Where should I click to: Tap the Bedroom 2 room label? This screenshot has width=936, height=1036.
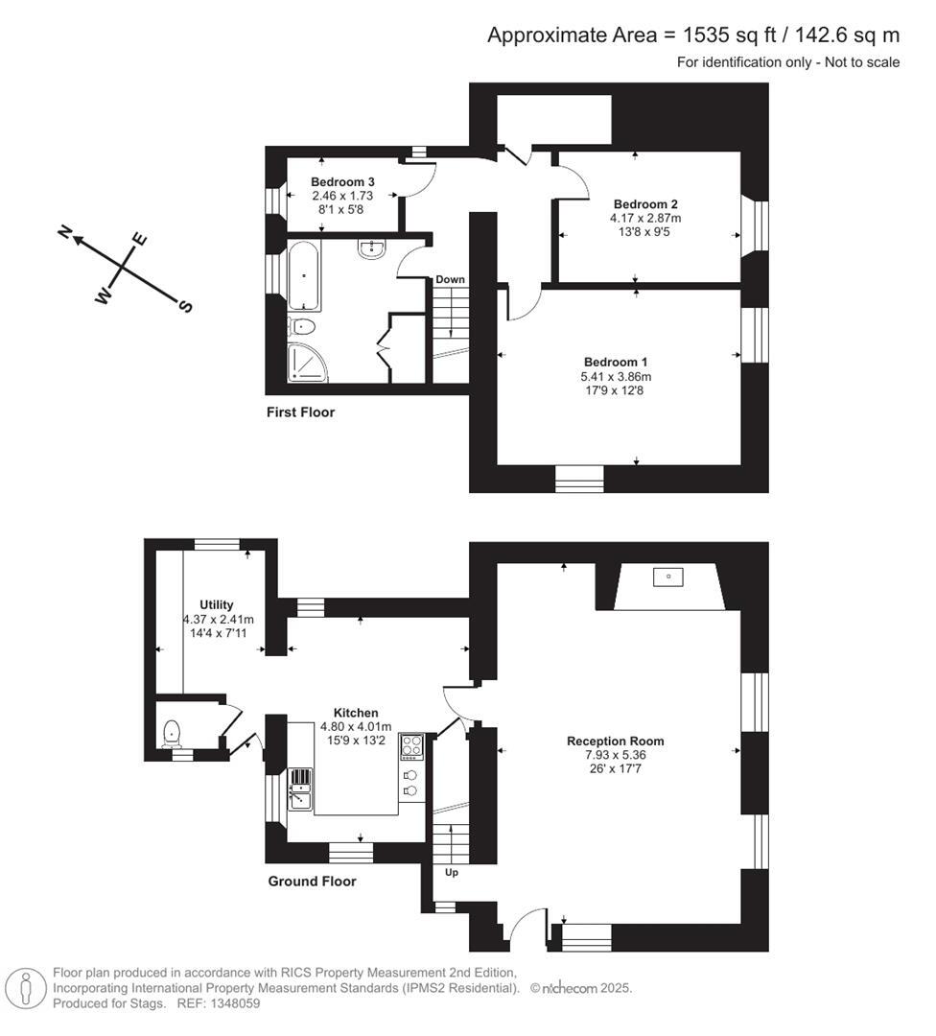point(645,204)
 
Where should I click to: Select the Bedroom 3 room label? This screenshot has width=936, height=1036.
point(342,182)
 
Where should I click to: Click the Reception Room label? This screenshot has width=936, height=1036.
point(615,741)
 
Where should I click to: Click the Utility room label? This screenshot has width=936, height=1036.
point(217,605)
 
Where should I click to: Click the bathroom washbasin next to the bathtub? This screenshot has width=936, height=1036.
point(372,249)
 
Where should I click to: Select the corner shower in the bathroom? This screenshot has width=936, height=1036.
point(308,362)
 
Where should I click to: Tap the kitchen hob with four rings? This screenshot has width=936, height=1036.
point(411,745)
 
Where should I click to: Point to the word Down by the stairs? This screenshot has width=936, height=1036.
point(450,279)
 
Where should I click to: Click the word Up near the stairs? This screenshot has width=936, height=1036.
point(451,873)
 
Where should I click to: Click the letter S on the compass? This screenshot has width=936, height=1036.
point(185,306)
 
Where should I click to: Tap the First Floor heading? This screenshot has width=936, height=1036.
point(300,412)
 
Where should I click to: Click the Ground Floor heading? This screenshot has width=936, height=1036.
point(312,881)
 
